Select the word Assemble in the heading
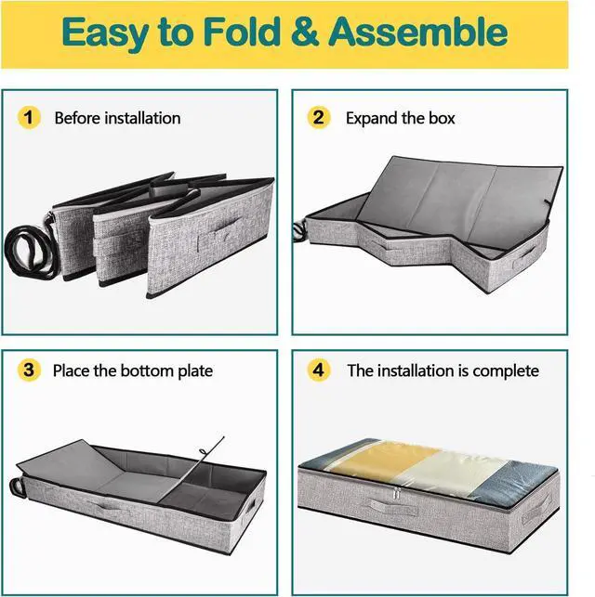[x=416, y=33]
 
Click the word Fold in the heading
[x=245, y=33]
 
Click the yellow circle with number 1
[x=30, y=118]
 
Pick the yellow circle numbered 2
[x=321, y=118]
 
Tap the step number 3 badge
[x=30, y=370]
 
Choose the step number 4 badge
[x=321, y=370]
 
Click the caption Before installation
[x=117, y=118]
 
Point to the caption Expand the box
[x=400, y=118]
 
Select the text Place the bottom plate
[x=132, y=370]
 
